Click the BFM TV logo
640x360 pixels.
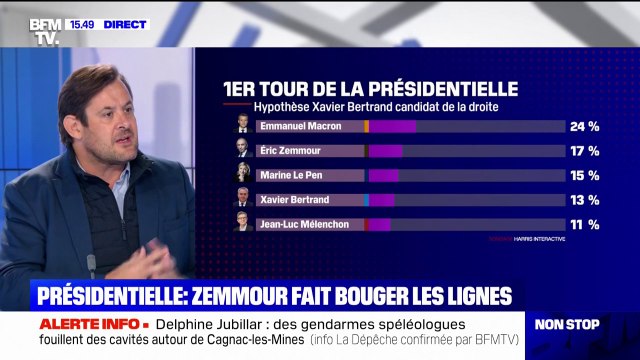45,30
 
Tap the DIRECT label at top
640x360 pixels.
125,24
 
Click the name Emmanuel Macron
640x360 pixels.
299,126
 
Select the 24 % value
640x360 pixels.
584,127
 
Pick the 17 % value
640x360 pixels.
584,151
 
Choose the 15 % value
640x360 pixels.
584,176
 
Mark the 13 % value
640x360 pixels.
584,200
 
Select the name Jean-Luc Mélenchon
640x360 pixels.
304,224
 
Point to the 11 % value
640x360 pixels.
584,225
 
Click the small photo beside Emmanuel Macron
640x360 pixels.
242,126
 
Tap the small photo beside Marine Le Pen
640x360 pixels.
242,175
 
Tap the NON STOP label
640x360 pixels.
567,325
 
